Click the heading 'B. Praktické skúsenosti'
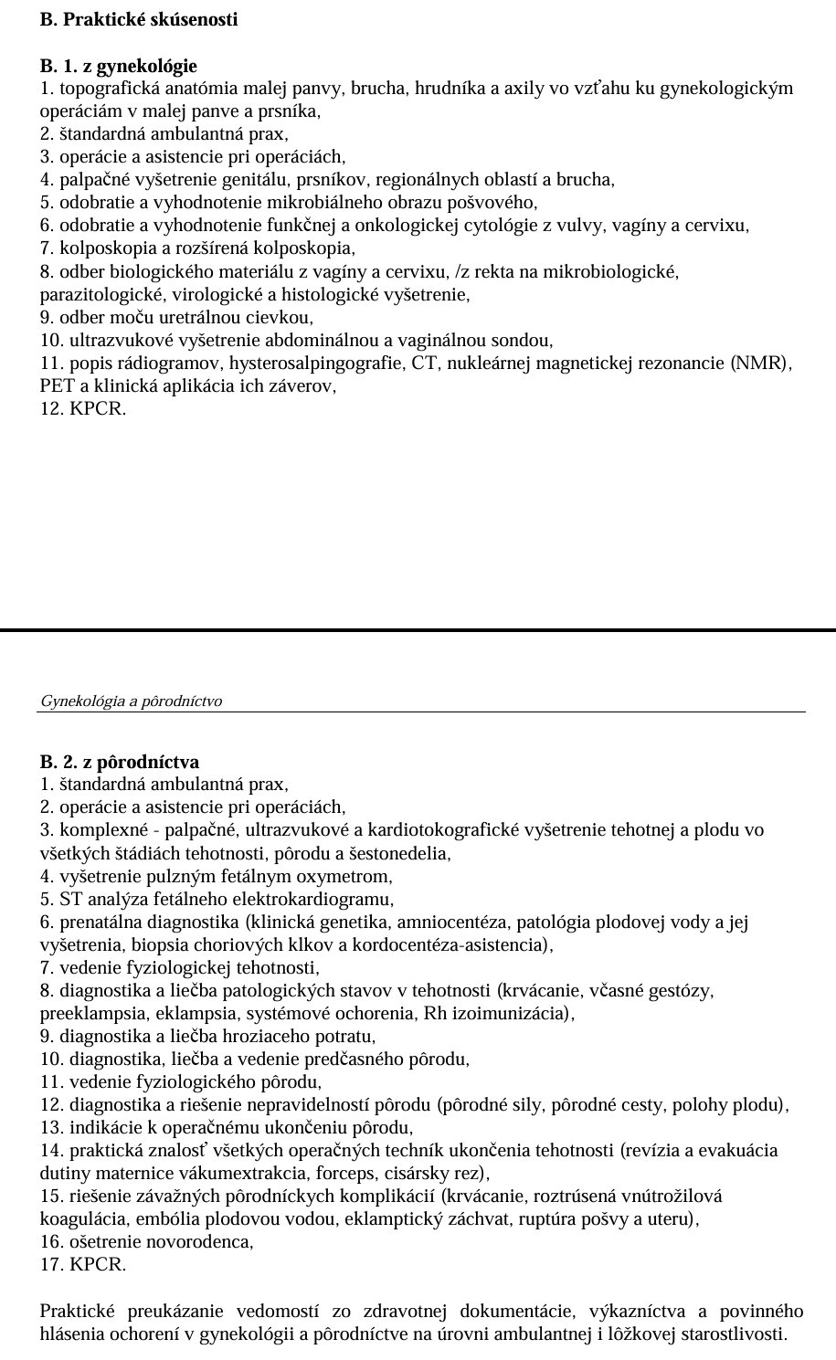139,19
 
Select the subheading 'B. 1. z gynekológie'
119,66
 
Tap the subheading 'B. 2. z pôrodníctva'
120,762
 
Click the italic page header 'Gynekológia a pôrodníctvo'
132,701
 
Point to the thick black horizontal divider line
418,629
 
